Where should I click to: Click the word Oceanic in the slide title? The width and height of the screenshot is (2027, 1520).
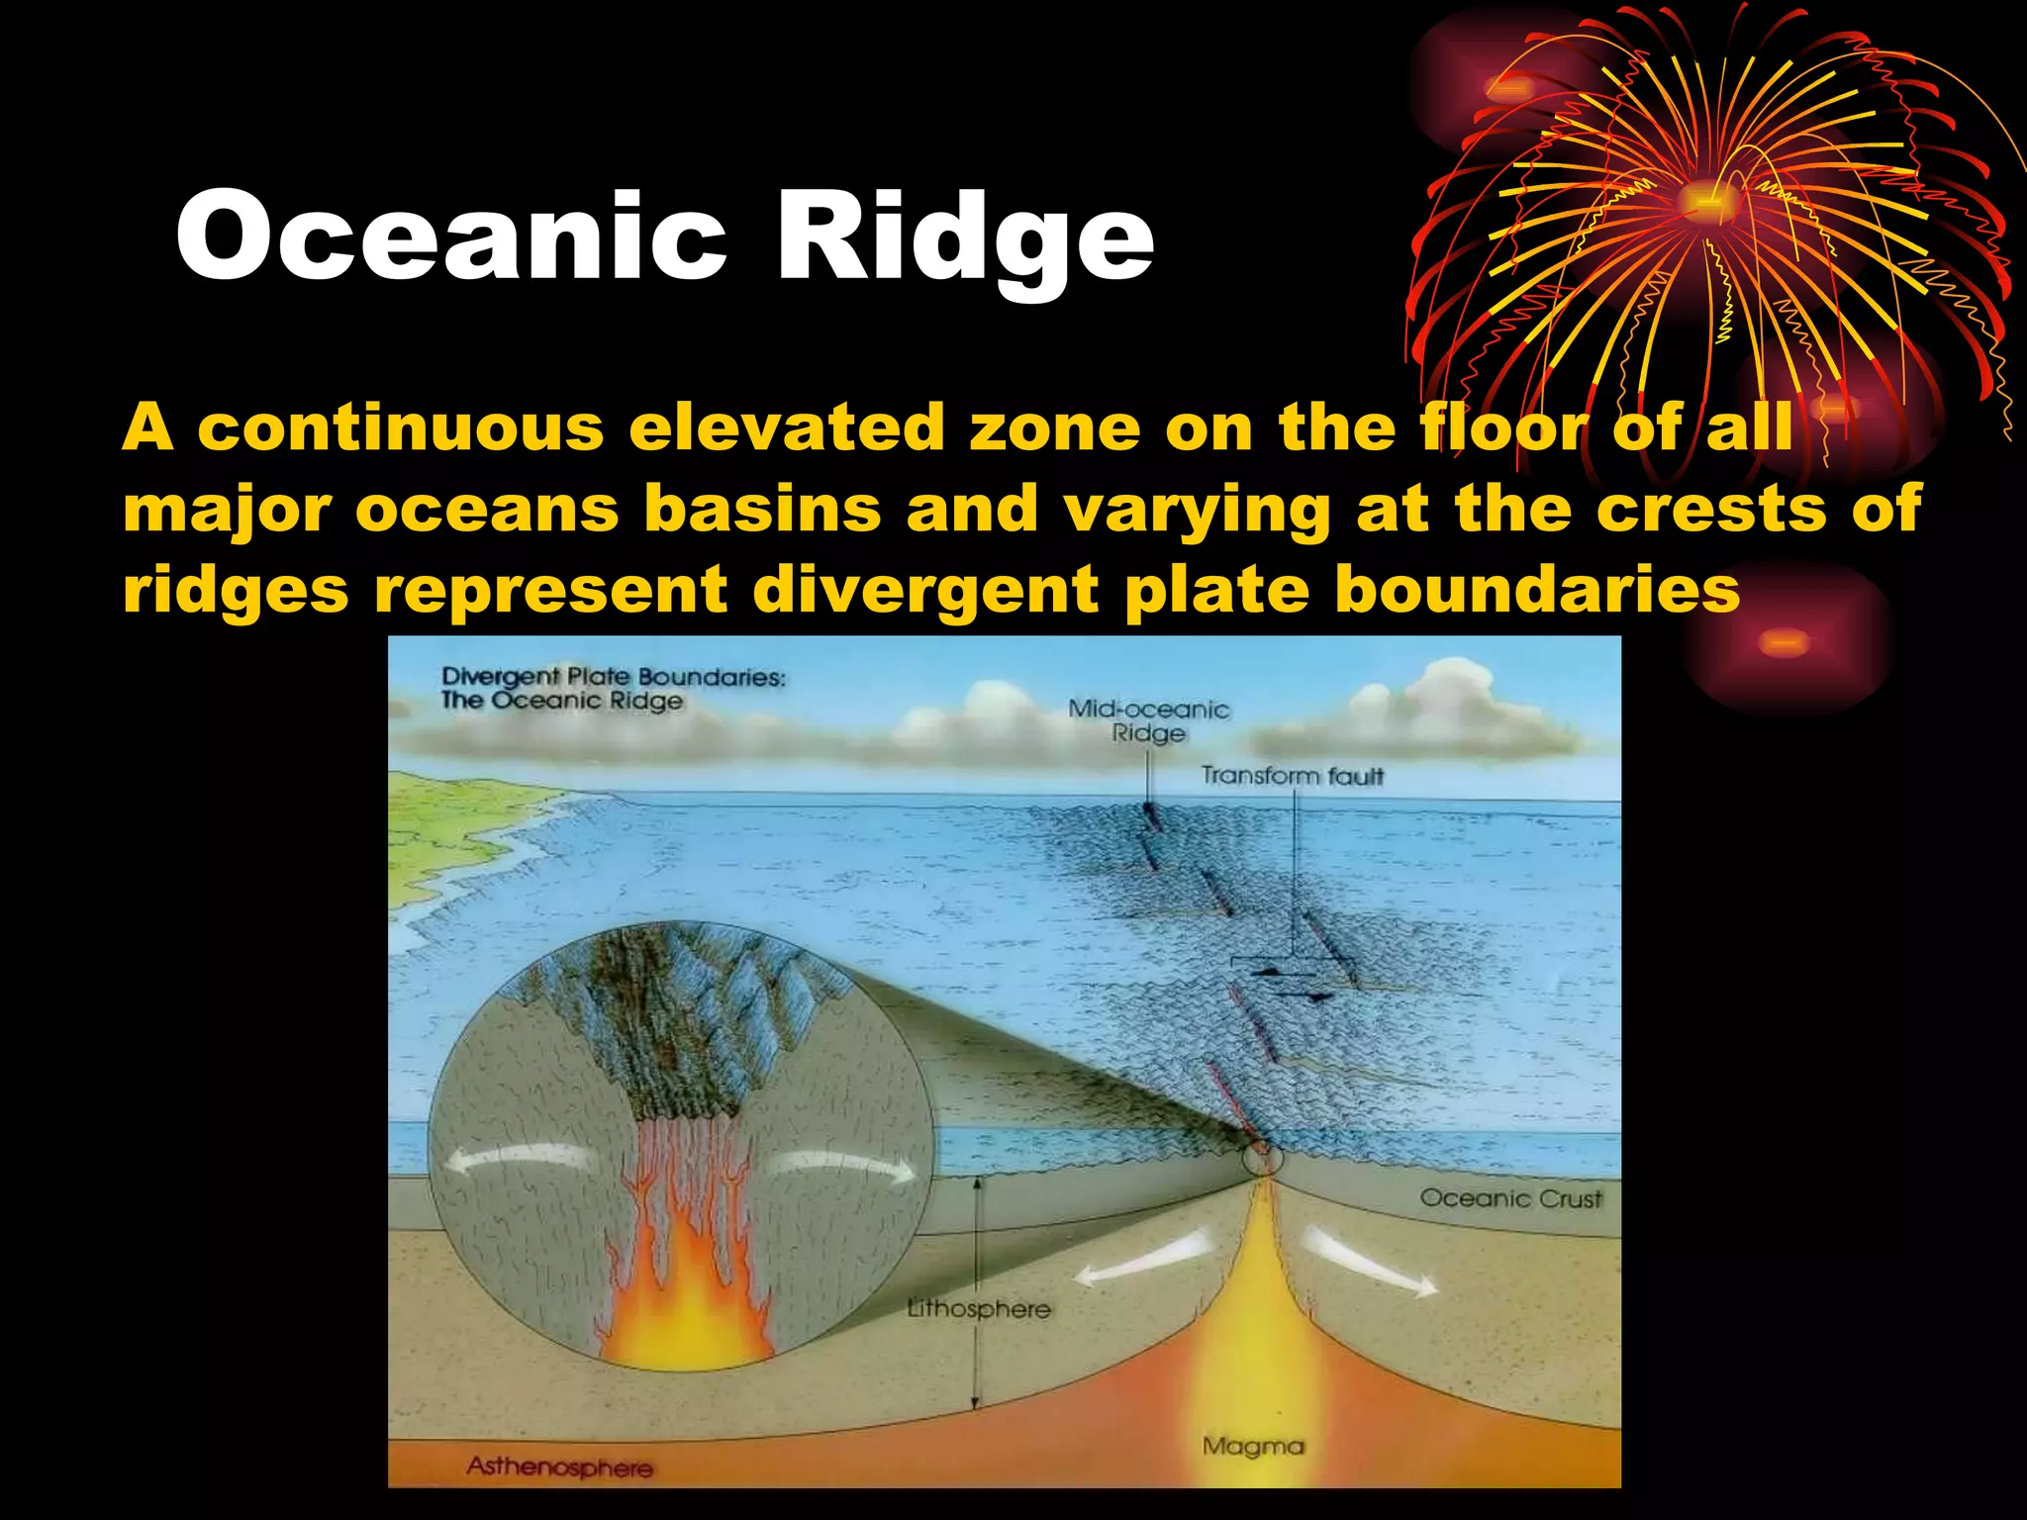[x=451, y=237]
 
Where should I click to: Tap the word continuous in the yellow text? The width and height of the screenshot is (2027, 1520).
[x=401, y=427]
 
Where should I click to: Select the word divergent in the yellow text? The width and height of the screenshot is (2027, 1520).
[x=924, y=590]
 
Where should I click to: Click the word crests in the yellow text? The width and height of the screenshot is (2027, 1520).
[x=1711, y=509]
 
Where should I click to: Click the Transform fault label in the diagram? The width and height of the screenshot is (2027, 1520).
[x=1292, y=776]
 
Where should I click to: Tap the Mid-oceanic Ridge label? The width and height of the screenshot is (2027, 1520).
[x=1148, y=720]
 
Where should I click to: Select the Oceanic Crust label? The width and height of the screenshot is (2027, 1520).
[x=1510, y=1198]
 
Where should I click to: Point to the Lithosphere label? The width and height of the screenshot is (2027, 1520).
[x=979, y=1309]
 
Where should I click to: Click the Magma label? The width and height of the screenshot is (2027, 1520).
[x=1253, y=1446]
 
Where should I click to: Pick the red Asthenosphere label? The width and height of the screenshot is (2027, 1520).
[x=560, y=1467]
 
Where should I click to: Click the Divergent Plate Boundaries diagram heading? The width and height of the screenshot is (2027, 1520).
[x=613, y=689]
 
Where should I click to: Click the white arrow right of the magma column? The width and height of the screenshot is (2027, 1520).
[x=1371, y=1263]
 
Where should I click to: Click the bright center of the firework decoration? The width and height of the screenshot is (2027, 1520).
[x=1710, y=203]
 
